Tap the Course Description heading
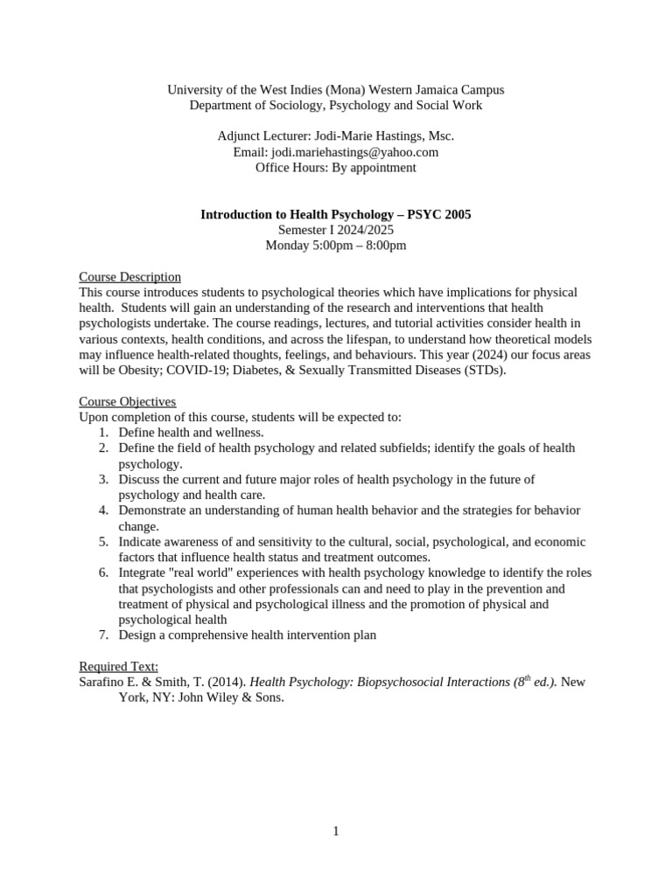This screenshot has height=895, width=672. [x=129, y=277]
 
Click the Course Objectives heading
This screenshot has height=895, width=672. [x=128, y=401]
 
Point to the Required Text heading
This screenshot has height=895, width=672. [x=119, y=667]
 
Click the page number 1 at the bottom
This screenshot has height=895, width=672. [x=336, y=831]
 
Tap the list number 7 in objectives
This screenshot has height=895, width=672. [x=102, y=635]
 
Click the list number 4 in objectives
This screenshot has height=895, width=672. [x=102, y=510]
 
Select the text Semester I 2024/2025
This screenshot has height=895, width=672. [x=336, y=230]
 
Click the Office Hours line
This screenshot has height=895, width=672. [x=336, y=168]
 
